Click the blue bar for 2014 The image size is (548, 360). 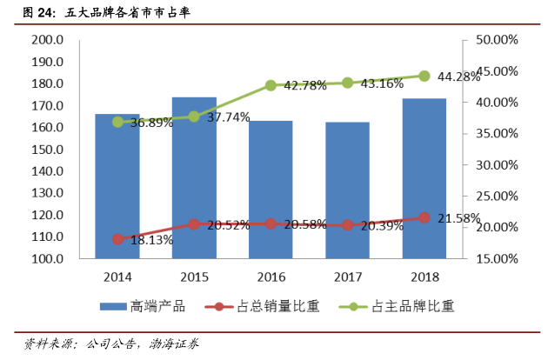[x=117, y=186]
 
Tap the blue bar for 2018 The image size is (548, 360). [x=424, y=178]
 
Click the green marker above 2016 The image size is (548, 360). [x=271, y=85]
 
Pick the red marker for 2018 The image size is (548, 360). [x=424, y=217]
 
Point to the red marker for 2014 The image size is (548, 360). [x=117, y=239]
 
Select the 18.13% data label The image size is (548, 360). [x=142, y=241]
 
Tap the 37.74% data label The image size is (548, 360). [x=228, y=117]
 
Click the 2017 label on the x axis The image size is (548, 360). [x=347, y=276]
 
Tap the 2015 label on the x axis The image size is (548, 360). [x=194, y=276]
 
